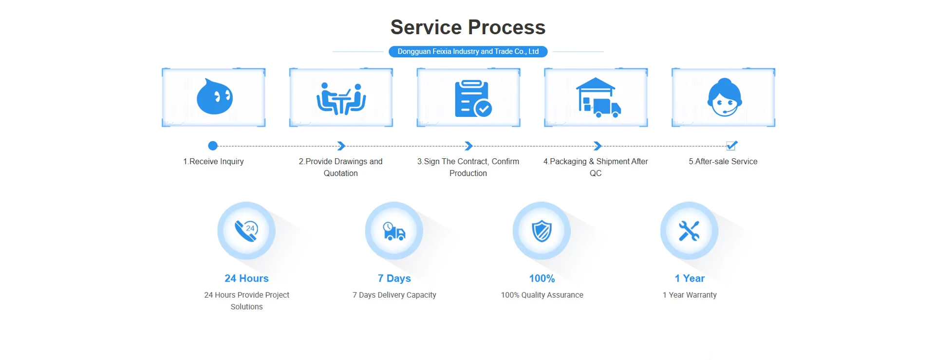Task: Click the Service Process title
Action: click(x=467, y=27)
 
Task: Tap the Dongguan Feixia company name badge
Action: click(x=467, y=52)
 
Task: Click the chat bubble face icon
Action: click(x=214, y=97)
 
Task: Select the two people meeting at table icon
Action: click(x=341, y=99)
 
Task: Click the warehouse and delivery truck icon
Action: click(x=598, y=98)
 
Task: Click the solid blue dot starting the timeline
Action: click(x=213, y=146)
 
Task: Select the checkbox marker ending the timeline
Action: click(x=731, y=146)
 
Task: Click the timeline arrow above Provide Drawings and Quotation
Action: click(x=341, y=146)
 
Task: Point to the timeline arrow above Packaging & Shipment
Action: click(x=598, y=146)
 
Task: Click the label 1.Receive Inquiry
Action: click(x=213, y=161)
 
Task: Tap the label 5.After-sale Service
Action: click(x=723, y=161)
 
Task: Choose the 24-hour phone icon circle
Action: click(x=246, y=231)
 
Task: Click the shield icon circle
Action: click(x=542, y=231)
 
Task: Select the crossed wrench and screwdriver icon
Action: click(x=689, y=231)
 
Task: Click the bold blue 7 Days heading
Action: click(x=394, y=278)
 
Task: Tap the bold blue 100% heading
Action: click(x=542, y=278)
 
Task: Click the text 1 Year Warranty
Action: click(x=689, y=295)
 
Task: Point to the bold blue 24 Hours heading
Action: click(x=246, y=278)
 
